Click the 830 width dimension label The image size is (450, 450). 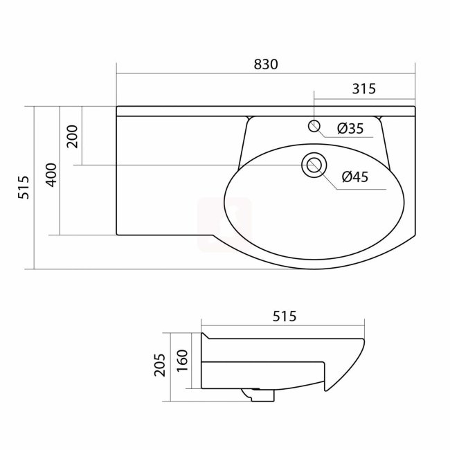pos(266,64)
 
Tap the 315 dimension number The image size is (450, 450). pos(364,89)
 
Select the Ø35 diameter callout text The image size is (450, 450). pos(350,128)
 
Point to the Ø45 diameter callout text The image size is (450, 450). pos(355,177)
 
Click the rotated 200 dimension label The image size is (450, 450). pos(73,136)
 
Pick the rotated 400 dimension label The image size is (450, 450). pos(52,175)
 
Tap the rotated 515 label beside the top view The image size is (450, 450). pos(24,188)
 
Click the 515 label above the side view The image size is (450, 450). pos(284,316)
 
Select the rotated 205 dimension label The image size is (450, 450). pos(159,365)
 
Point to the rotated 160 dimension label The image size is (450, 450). pos(182,361)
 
